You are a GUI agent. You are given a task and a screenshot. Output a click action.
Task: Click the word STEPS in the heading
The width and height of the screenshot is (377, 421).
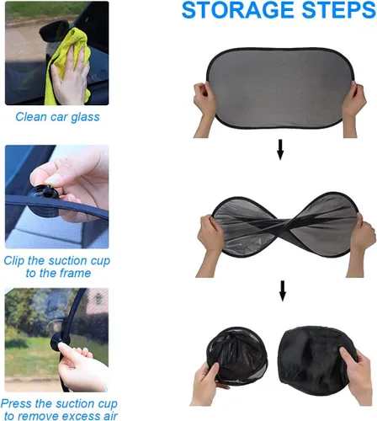pyautogui.click(x=328, y=12)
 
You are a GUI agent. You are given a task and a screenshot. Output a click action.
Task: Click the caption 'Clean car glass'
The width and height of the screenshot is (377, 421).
pyautogui.click(x=57, y=116)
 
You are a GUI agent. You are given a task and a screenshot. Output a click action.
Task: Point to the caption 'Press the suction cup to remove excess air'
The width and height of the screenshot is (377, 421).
pyautogui.click(x=57, y=409)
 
